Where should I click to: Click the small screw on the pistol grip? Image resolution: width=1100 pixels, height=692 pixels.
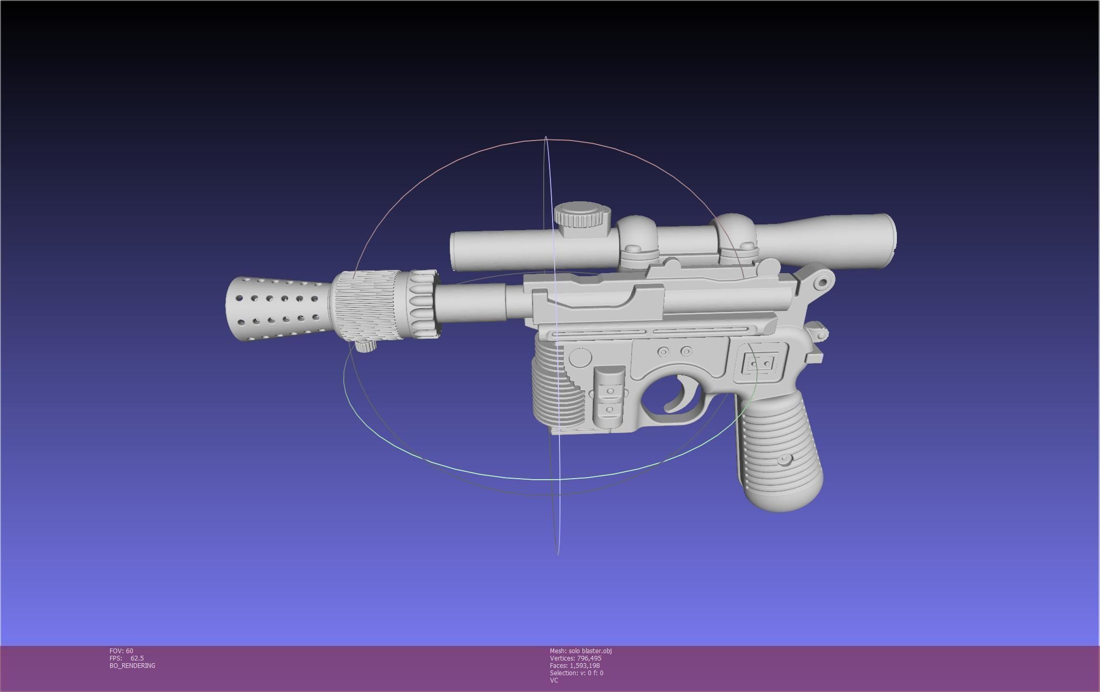tap(784, 459)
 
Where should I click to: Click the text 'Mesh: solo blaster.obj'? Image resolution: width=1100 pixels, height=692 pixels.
tap(580, 651)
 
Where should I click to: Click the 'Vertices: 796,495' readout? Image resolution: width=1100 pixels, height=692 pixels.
tap(575, 658)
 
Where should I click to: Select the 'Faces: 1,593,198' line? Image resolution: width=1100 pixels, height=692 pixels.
tap(574, 666)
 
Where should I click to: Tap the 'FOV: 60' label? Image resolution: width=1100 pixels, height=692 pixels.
tap(121, 651)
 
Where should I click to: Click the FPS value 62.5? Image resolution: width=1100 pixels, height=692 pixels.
tap(137, 658)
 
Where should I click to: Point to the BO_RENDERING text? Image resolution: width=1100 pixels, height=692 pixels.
tap(132, 666)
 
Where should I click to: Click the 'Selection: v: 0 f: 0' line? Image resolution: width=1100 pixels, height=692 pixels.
tap(576, 673)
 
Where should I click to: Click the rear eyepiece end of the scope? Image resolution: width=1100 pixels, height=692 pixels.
tap(887, 239)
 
